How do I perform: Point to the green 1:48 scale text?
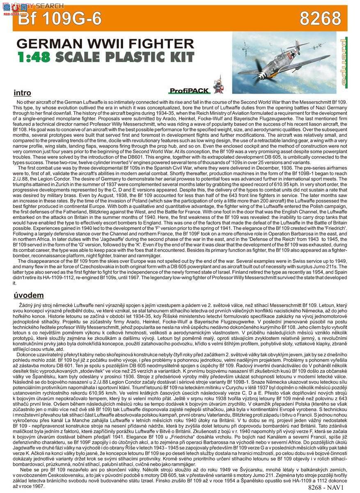tap(34, 56)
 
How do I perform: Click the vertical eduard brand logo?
tap(343, 65)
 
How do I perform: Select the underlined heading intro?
tap(22, 93)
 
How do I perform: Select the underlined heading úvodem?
tap(29, 295)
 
